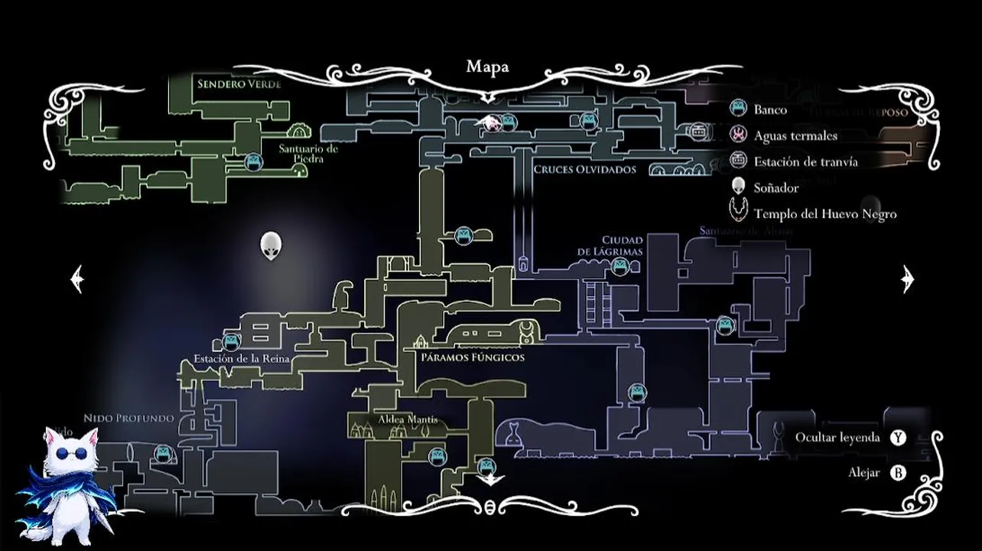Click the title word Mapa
[x=487, y=67]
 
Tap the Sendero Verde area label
[x=239, y=84]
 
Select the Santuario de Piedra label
[x=308, y=154]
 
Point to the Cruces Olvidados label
[x=584, y=170]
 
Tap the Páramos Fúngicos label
[x=473, y=357]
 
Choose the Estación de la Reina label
[x=241, y=359]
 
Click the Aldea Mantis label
[x=408, y=420]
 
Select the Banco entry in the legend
[x=769, y=109]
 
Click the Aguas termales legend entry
[x=795, y=135]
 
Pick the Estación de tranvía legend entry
[x=805, y=161]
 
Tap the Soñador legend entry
[x=776, y=187]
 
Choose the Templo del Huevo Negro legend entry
[x=824, y=214]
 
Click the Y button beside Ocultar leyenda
[x=898, y=438]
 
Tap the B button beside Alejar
[x=898, y=473]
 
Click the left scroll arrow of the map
[x=76, y=279]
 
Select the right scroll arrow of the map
[x=908, y=279]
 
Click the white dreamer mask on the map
[x=271, y=245]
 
